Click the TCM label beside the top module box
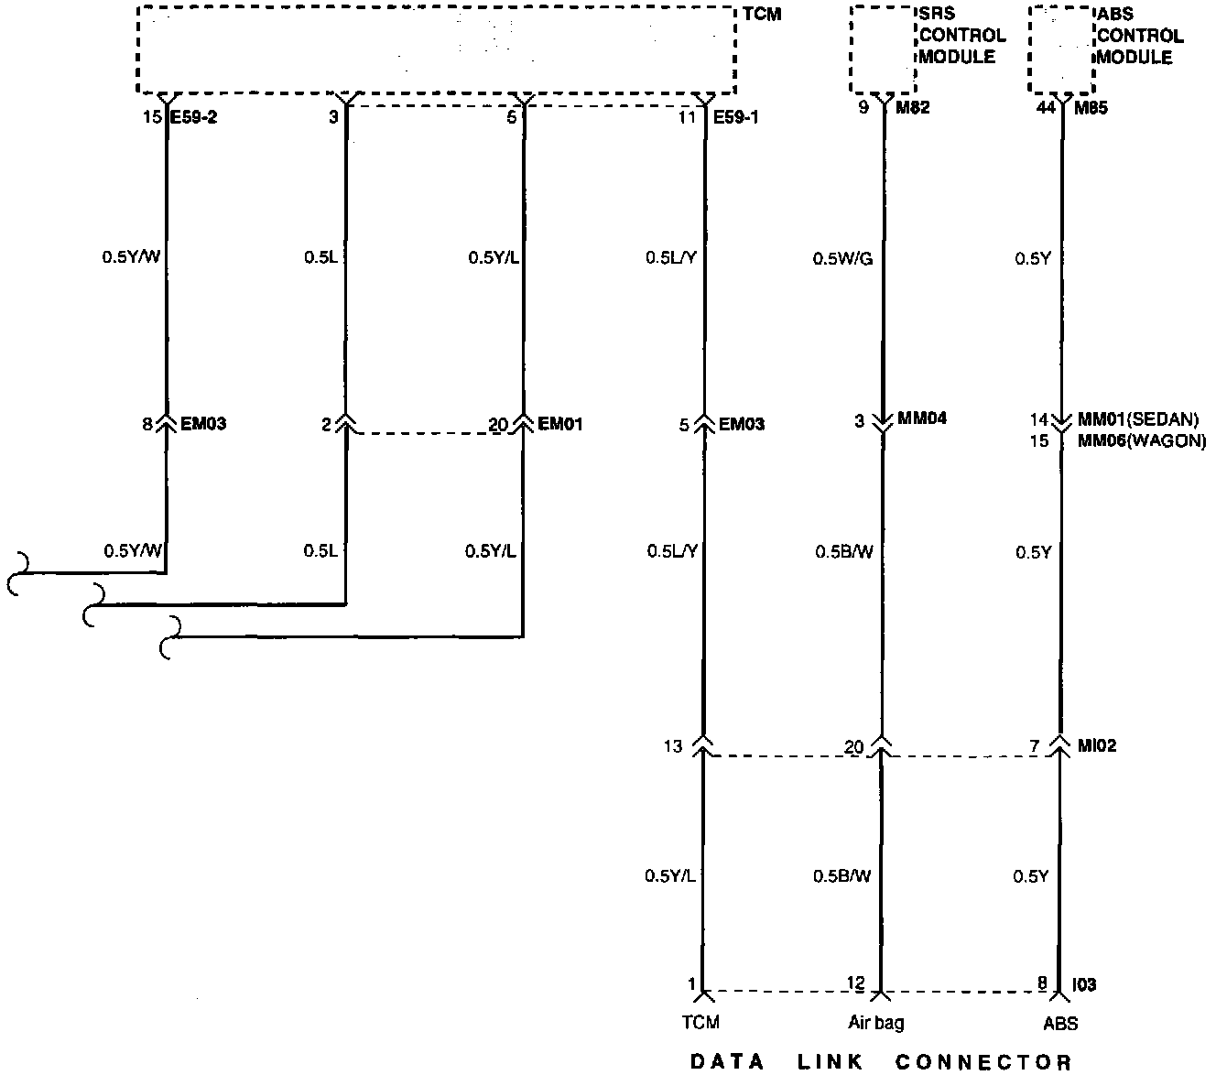point(762,15)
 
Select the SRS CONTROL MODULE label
point(961,36)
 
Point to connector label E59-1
point(736,116)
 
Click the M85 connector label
point(1090,108)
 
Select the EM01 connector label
point(561,424)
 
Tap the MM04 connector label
point(922,419)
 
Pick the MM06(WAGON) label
point(1142,440)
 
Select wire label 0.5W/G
point(842,259)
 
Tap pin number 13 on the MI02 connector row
point(673,746)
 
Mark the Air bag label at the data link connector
point(876,1023)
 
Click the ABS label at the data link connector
point(1059,1023)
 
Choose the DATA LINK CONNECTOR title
point(880,1062)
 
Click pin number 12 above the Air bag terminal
point(855,983)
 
